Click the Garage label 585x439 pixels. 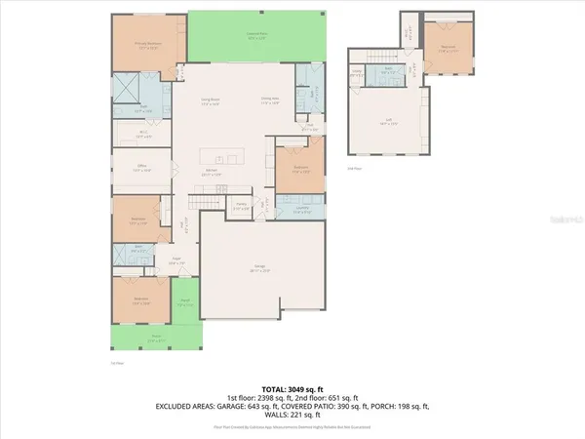[262, 270]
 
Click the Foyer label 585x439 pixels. [178, 262]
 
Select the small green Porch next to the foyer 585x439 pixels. [184, 303]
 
